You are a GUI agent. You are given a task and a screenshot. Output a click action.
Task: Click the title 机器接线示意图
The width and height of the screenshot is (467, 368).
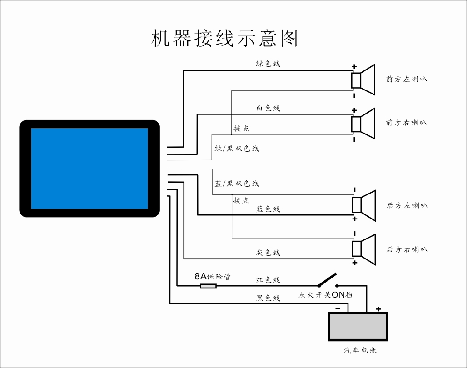[224, 38]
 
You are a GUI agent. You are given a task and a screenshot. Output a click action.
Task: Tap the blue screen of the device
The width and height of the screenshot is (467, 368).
[89, 169]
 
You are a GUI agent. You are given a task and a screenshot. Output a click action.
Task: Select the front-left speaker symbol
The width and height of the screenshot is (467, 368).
[363, 80]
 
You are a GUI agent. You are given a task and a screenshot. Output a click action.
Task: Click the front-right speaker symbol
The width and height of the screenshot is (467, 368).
[363, 124]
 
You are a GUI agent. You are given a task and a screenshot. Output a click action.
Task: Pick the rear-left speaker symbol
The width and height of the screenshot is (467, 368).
[363, 206]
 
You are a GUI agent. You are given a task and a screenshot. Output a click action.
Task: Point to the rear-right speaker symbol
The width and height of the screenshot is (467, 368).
[363, 249]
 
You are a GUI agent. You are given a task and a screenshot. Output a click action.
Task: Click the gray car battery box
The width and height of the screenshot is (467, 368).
[358, 327]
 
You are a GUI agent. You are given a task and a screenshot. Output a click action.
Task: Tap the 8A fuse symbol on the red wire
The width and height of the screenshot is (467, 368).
[208, 286]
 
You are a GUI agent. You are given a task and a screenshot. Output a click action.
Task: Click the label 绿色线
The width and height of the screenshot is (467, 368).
[268, 64]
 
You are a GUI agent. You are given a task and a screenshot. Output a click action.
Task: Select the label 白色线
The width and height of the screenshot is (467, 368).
[268, 108]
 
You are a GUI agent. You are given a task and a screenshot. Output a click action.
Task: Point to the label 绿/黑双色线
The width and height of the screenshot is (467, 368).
[237, 149]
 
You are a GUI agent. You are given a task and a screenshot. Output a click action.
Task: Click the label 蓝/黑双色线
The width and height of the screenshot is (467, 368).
[237, 184]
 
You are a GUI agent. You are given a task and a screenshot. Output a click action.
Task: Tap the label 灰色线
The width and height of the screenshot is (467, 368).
[268, 253]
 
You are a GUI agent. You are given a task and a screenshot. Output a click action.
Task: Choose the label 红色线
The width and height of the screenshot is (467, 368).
[268, 280]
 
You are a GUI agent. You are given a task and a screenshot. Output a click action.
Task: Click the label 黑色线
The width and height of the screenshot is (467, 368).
[268, 298]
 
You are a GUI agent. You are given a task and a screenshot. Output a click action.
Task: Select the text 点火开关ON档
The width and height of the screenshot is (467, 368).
[325, 295]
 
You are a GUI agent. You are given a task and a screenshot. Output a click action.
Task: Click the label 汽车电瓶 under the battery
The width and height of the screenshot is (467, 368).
[360, 350]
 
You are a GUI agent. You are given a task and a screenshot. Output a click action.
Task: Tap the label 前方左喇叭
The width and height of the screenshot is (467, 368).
[407, 79]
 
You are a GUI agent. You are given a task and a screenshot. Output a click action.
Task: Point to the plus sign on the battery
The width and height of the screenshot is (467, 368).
[378, 309]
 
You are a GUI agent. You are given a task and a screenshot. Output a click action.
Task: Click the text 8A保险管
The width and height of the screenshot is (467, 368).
[213, 277]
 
